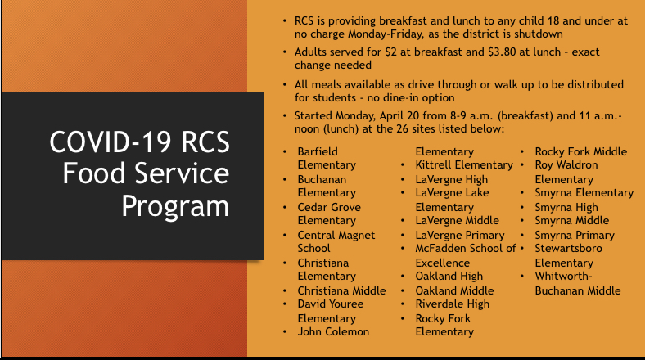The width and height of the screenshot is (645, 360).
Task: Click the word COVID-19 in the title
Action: pyautogui.click(x=111, y=142)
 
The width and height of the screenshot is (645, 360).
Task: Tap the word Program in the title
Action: pyautogui.click(x=175, y=206)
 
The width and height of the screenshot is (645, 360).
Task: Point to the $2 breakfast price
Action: pyautogui.click(x=390, y=52)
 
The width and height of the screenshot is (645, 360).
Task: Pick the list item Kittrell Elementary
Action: pyautogui.click(x=464, y=164)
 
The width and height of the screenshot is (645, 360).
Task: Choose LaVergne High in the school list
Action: pyautogui.click(x=452, y=179)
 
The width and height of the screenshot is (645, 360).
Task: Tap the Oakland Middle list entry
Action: pyautogui.click(x=454, y=290)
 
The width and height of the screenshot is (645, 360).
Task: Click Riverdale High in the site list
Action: pyautogui.click(x=453, y=304)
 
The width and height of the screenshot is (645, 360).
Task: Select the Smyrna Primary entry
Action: pyautogui.click(x=575, y=235)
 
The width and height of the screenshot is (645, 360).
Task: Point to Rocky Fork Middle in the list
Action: pyautogui.click(x=581, y=151)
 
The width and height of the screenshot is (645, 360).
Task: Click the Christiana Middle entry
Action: pyautogui.click(x=342, y=290)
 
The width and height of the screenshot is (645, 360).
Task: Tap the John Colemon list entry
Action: pyautogui.click(x=334, y=331)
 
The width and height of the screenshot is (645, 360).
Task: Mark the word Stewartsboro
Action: pyautogui.click(x=569, y=248)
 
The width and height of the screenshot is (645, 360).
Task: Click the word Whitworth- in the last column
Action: pyautogui.click(x=563, y=277)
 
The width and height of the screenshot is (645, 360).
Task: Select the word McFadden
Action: pyautogui.click(x=439, y=248)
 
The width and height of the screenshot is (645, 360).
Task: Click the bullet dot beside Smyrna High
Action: pyautogui.click(x=522, y=208)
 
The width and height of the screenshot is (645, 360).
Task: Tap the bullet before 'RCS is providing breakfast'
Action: pyautogui.click(x=285, y=21)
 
